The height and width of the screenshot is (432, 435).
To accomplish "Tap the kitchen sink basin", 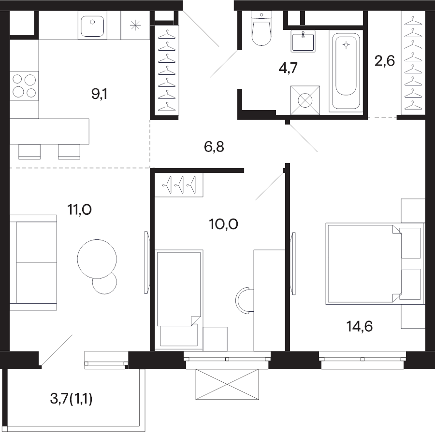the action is (x=92, y=26).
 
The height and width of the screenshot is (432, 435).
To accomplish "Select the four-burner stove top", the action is (x=24, y=85).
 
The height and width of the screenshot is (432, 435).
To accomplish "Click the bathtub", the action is (x=346, y=71).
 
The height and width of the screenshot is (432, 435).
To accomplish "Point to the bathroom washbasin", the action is (x=303, y=42).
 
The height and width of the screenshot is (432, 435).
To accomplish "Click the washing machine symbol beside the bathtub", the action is (x=305, y=100).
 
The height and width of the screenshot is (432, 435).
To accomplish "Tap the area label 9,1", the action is (x=99, y=95).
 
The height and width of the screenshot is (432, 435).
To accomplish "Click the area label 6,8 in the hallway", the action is (x=214, y=147).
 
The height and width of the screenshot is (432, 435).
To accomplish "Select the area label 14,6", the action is (x=359, y=326).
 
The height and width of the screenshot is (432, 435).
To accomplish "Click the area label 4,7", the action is (x=288, y=68).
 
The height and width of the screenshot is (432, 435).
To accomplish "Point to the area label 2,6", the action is (x=385, y=61).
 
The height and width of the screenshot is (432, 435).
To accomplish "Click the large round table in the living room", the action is (x=97, y=259).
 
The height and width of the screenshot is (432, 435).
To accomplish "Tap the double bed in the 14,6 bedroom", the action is (x=363, y=264).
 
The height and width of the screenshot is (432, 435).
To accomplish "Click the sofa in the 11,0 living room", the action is (x=33, y=263).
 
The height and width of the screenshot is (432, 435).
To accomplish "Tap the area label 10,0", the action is (x=224, y=224).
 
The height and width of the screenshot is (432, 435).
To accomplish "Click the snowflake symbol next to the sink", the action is (x=135, y=26).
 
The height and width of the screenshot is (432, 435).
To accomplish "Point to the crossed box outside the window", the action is (x=227, y=384).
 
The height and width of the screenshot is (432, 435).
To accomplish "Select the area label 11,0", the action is (x=79, y=210).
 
